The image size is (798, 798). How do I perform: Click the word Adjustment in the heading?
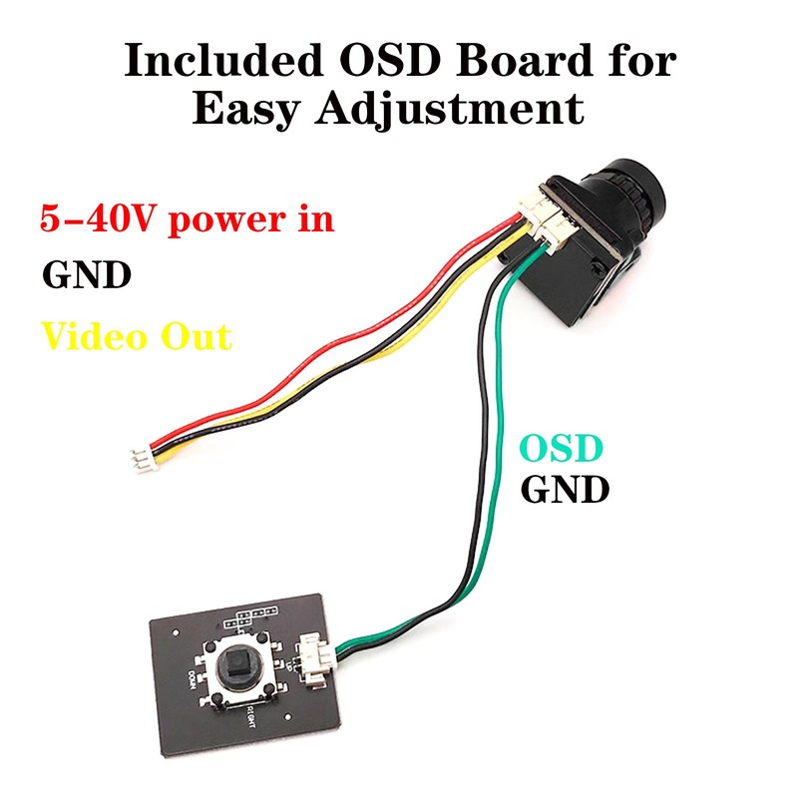[x=448, y=110]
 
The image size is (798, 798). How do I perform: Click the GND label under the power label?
[x=86, y=274]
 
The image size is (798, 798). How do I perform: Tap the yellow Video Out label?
[x=136, y=336]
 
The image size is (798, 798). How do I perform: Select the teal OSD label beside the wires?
[x=560, y=449]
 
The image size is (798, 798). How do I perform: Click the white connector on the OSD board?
[x=316, y=663]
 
